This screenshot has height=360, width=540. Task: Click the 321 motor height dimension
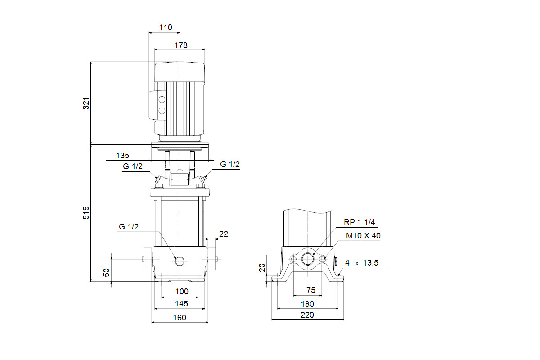coord(86,103)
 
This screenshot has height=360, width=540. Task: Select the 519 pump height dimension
coord(86,213)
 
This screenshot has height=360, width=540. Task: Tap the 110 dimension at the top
coord(166,27)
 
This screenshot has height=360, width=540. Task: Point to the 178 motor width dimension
coord(181,45)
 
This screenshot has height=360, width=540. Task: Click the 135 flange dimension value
coord(122,156)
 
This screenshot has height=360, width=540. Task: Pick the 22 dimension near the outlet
coord(224,234)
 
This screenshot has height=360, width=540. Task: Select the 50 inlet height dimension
coord(106,272)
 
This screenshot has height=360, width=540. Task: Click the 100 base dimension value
coord(182,292)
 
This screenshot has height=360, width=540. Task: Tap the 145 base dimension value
coord(181,304)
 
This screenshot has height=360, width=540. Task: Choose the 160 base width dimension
coord(180,318)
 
